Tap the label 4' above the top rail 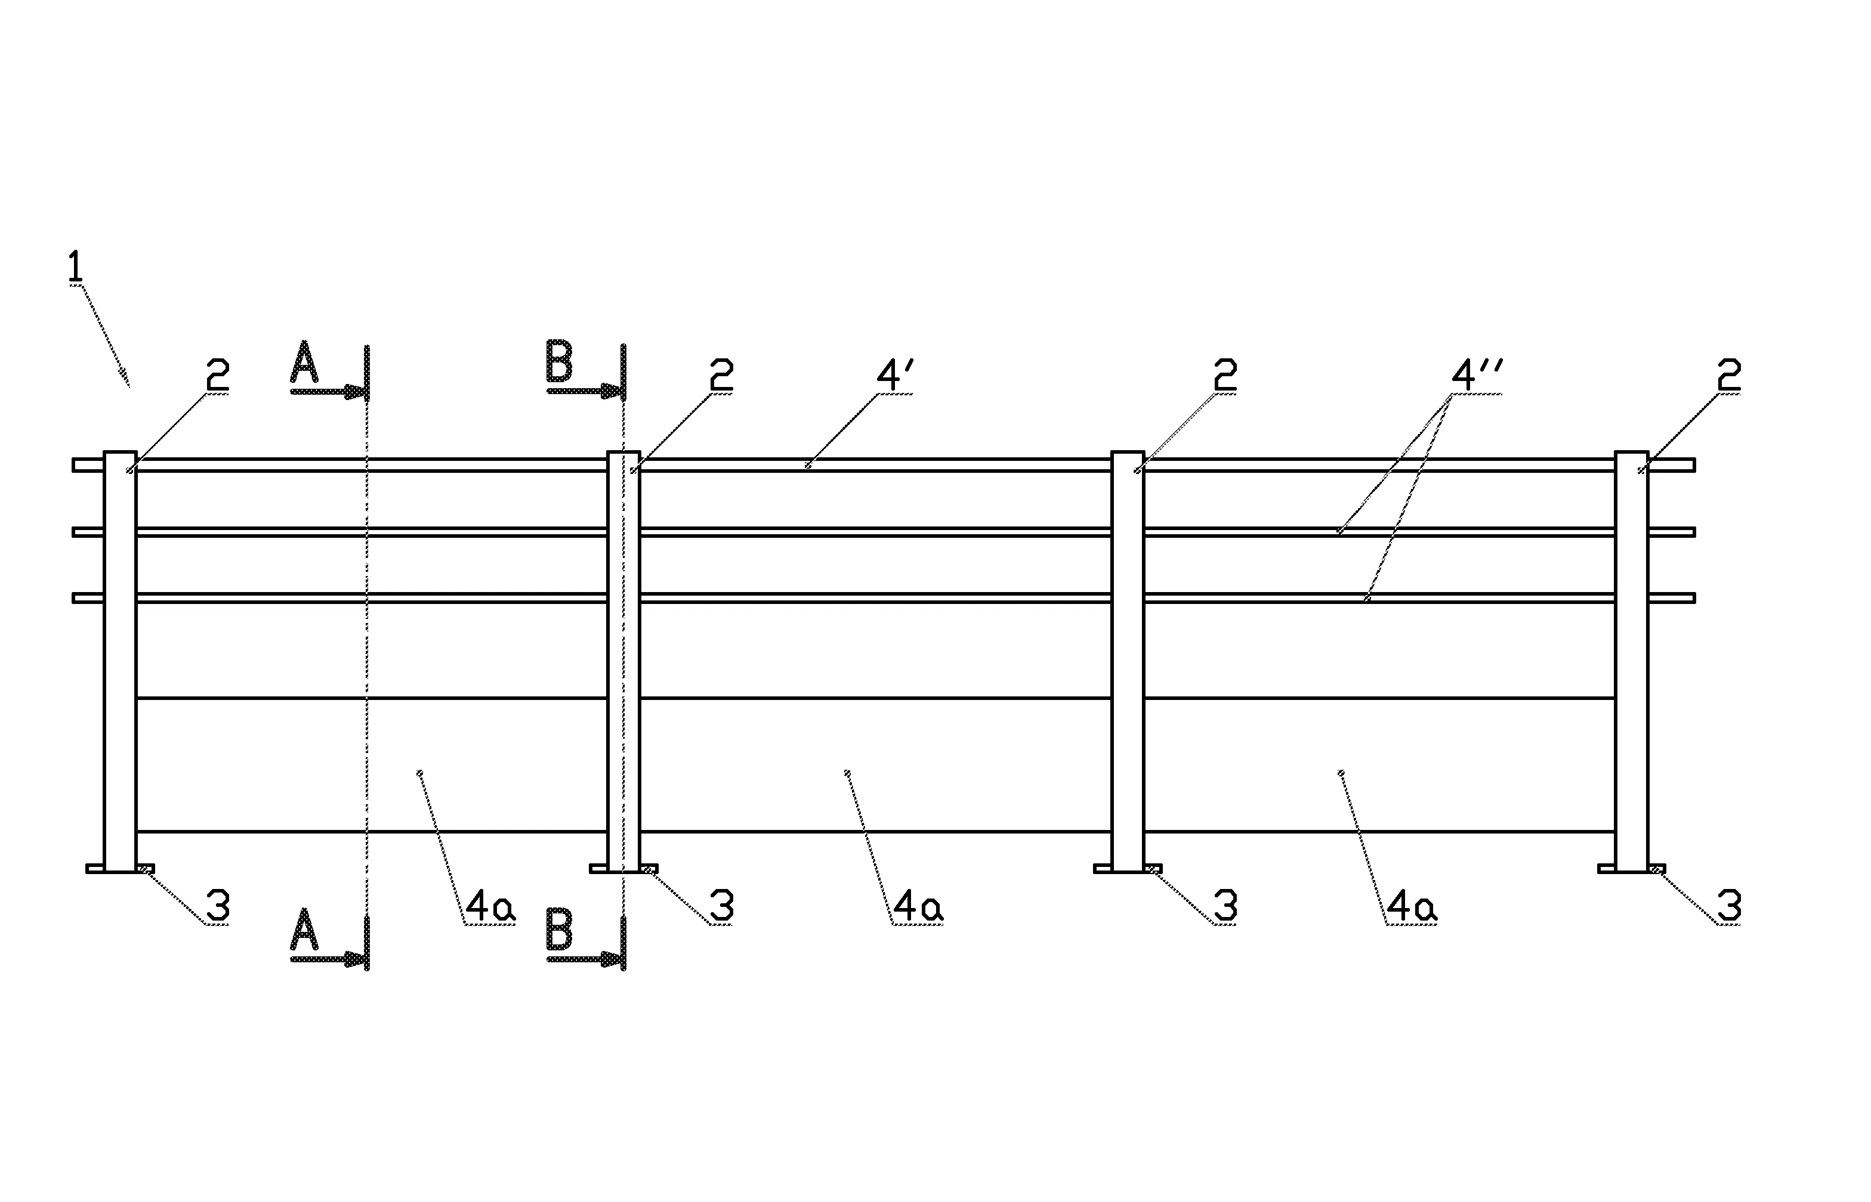(x=894, y=376)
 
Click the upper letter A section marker (x=304, y=363)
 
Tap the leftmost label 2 (x=217, y=376)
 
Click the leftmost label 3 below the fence (x=217, y=906)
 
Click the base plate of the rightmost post (x=1631, y=869)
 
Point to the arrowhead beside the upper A (x=356, y=391)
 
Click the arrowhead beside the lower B (x=612, y=959)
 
